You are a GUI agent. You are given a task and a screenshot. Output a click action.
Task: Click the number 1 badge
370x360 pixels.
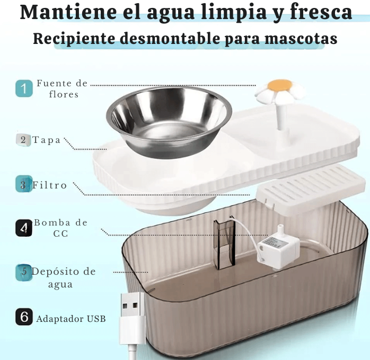(24, 88)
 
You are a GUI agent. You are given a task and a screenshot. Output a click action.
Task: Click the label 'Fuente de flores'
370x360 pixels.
(62, 89)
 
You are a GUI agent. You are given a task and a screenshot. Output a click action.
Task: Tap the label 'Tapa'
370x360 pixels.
(47, 140)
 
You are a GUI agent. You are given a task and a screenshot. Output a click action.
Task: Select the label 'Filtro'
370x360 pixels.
(50, 185)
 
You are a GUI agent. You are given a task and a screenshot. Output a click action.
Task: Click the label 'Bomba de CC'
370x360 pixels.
(61, 228)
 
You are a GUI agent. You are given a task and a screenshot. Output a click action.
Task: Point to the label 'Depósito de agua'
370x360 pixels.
(64, 277)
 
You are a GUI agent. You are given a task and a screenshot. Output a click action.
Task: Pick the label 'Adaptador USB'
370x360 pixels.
(71, 319)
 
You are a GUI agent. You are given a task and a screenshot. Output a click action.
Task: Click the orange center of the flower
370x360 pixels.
(280, 85)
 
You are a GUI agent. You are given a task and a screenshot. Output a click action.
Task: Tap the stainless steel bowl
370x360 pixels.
(169, 119)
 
